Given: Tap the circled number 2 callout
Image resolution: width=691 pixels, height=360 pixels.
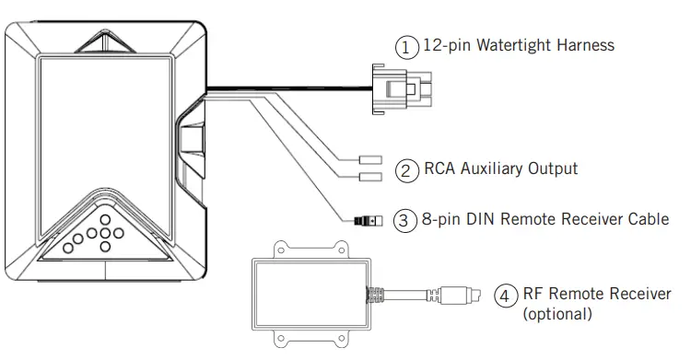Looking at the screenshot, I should [405, 169].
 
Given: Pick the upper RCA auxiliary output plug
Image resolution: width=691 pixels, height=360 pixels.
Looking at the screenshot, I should [369, 159].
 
